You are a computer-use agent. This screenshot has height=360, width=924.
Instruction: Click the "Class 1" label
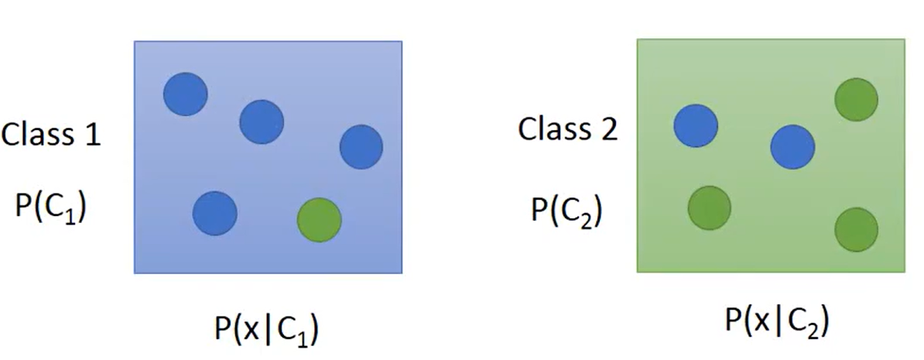pyautogui.click(x=51, y=135)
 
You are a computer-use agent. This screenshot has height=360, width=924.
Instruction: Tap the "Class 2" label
pyautogui.click(x=567, y=129)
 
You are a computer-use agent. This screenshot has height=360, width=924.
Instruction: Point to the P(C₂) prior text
pyautogui.click(x=567, y=210)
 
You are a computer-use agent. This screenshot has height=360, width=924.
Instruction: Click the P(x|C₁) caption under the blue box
pyautogui.click(x=266, y=330)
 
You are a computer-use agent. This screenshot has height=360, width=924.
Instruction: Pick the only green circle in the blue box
pyautogui.click(x=319, y=220)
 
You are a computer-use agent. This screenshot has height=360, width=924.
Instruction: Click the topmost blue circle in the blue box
pyautogui.click(x=186, y=94)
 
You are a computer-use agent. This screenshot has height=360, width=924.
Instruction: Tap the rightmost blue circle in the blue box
pyautogui.click(x=361, y=147)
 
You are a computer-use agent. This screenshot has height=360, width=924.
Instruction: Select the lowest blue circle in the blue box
pyautogui.click(x=214, y=214)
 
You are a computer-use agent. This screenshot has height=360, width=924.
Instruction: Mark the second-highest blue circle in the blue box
pyautogui.click(x=262, y=122)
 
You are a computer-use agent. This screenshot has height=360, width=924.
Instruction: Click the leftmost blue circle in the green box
pyautogui.click(x=696, y=126)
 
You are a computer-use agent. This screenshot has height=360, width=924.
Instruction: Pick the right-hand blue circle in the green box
pyautogui.click(x=792, y=146)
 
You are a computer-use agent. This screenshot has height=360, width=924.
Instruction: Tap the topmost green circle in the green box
pyautogui.click(x=856, y=100)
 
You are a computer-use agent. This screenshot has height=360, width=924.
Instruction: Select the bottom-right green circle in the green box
pyautogui.click(x=856, y=229)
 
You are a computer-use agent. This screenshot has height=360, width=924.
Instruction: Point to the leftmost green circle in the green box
pyautogui.click(x=710, y=207)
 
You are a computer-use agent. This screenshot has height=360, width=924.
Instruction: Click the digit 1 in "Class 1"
pyautogui.click(x=91, y=135)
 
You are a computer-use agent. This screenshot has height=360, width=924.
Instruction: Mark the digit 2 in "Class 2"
pyautogui.click(x=608, y=129)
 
